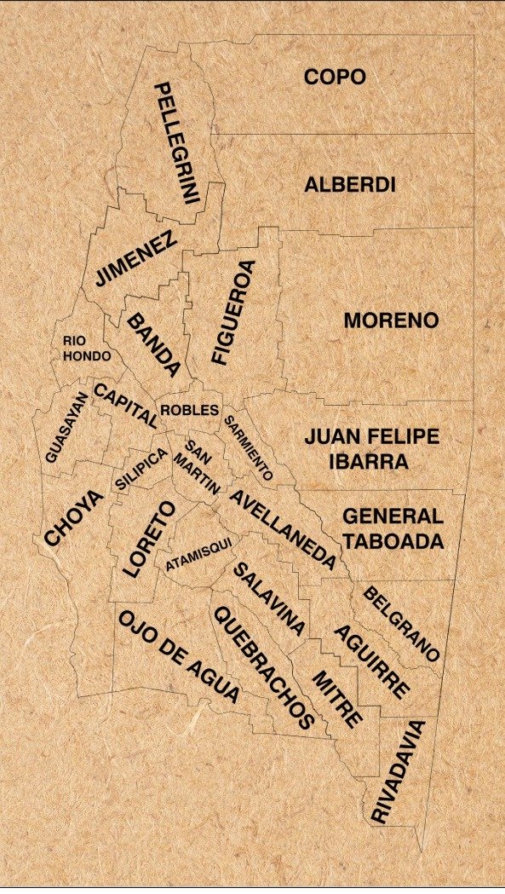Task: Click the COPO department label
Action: click(x=335, y=77)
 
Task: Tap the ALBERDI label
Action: click(x=350, y=184)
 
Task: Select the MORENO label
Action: click(x=391, y=320)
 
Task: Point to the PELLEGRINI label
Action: click(x=176, y=143)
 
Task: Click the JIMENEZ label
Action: click(x=136, y=258)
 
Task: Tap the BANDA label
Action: click(x=153, y=344)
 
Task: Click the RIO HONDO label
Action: click(x=87, y=348)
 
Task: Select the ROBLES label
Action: click(x=189, y=410)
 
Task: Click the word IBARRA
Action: click(x=370, y=462)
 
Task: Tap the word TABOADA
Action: click(x=393, y=541)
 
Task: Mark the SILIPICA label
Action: click(x=141, y=468)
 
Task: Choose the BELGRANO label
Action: click(x=401, y=624)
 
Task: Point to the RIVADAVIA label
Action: click(x=397, y=772)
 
